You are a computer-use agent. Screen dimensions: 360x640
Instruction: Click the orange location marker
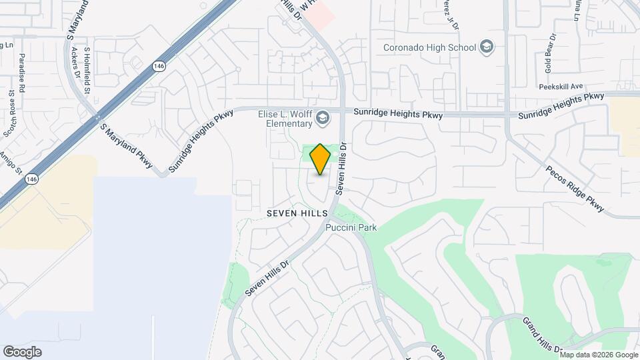coord(321,159)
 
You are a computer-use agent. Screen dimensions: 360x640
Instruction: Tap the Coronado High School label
coord(429,47)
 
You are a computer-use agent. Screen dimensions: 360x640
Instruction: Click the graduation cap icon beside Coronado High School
coord(487,47)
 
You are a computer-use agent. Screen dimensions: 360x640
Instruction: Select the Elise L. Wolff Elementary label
coord(285,119)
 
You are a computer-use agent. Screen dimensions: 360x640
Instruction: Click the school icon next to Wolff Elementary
coord(323,119)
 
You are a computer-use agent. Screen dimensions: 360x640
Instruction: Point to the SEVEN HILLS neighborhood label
coord(297,213)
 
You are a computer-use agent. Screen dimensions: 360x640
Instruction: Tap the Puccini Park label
coord(351,228)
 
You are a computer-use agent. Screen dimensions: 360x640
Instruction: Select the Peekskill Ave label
coord(561,86)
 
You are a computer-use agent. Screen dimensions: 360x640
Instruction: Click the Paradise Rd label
coord(22,73)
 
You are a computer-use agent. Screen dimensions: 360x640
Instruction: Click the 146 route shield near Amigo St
coord(31,179)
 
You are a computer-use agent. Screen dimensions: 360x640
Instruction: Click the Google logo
coord(22,352)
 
